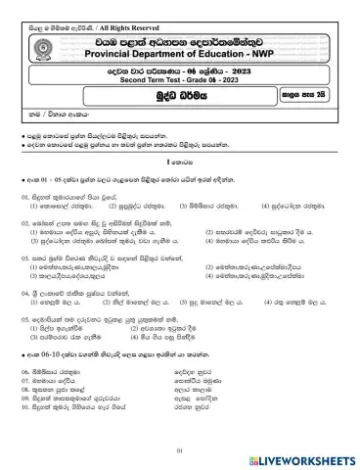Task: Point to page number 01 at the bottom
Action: tap(180, 449)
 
